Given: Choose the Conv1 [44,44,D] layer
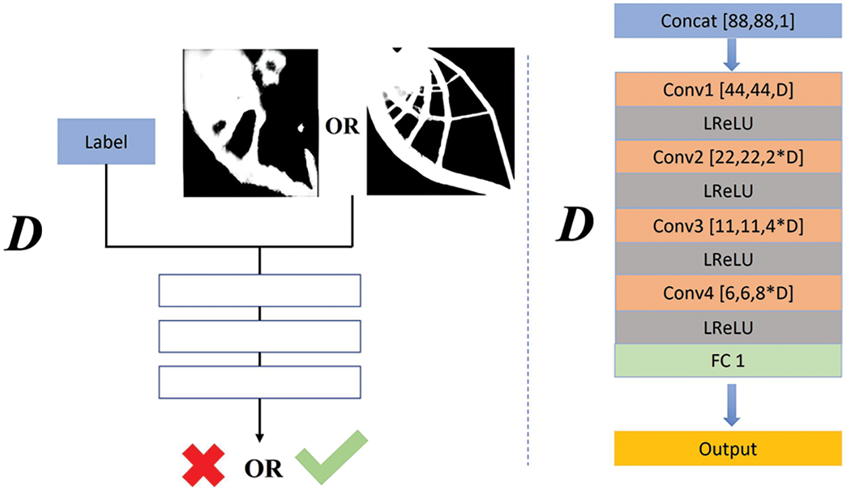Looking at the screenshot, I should click(x=729, y=89).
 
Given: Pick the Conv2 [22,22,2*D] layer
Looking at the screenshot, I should click(x=729, y=157).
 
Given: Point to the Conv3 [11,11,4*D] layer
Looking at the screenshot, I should click(x=729, y=225).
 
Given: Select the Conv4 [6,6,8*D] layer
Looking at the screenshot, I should click(x=729, y=293).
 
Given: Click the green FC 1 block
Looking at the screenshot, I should click(x=729, y=360).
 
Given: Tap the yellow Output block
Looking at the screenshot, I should click(x=729, y=448).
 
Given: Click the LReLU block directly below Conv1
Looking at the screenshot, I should click(x=729, y=123).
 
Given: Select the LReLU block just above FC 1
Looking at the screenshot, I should click(x=729, y=327).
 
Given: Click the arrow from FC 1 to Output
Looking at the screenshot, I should click(x=732, y=404).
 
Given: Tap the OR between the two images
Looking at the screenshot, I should click(x=342, y=127).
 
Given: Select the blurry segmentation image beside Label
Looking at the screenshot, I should click(x=250, y=123).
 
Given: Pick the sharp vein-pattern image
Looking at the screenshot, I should click(x=440, y=121).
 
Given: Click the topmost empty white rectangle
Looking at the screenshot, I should click(x=259, y=291).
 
